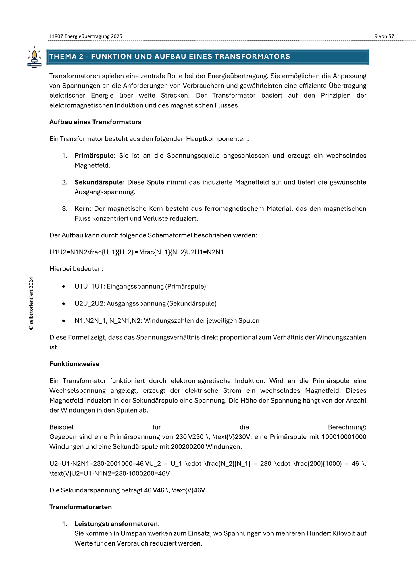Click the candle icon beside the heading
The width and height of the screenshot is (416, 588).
34,57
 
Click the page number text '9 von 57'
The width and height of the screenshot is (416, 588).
384,36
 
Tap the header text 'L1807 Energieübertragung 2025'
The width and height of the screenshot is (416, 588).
86,36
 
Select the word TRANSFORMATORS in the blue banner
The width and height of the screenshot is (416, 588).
253,57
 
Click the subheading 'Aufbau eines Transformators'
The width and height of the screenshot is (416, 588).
95,122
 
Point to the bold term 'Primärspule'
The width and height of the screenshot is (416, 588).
94,156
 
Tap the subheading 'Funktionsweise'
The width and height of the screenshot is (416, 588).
74,364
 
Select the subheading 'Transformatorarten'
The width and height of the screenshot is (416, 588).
81,507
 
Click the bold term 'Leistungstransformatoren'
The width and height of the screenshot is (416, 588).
116,524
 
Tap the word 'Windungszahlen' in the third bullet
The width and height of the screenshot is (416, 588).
165,321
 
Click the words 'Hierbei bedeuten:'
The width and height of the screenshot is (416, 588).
76,269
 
